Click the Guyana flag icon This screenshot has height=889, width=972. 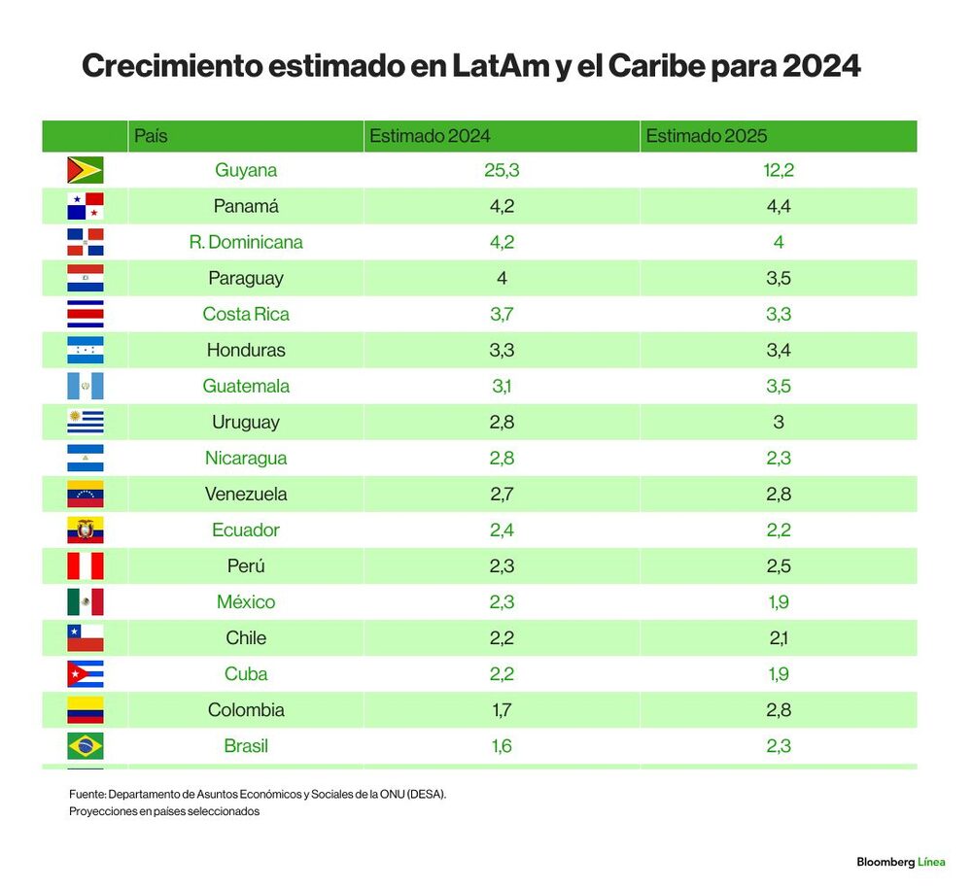pos(86,170)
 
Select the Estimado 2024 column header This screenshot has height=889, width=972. pos(430,136)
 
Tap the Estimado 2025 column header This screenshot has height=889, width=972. pos(706,136)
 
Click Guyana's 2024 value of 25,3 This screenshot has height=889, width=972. pos(502,170)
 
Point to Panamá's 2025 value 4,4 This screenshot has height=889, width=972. pos(779,206)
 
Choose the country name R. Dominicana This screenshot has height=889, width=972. pos(246,242)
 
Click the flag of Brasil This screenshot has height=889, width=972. pos(86,746)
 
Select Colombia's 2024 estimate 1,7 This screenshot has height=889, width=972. pos(502,710)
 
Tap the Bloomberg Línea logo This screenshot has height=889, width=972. pos(901,862)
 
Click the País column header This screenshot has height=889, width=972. pos(151,136)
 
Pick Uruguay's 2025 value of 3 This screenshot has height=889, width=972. pos(779,423)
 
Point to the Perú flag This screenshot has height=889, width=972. pos(86,566)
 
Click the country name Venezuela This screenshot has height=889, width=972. pos(246,495)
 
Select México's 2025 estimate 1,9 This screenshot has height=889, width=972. pos(779,602)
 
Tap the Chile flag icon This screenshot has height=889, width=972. pos(86,638)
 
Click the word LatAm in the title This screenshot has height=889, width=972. pos(501,66)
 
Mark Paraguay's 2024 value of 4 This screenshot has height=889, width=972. pos(502,278)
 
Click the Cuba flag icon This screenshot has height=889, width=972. pos(86,674)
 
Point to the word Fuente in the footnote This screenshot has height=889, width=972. pos(87,794)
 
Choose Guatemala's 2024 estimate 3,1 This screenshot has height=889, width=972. pos(502,387)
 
